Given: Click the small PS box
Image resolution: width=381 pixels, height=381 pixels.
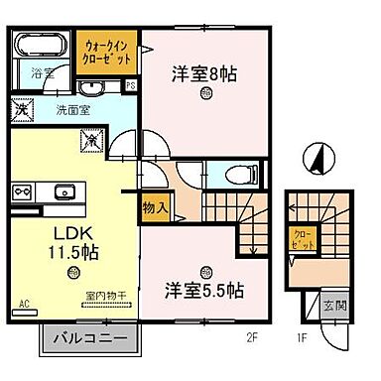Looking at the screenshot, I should (130, 86).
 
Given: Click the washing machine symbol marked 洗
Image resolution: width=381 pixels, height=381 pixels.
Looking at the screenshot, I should (21, 109).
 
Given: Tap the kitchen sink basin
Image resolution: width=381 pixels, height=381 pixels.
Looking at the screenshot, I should (65, 190).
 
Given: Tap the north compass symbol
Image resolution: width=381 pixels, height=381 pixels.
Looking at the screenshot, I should (317, 159).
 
